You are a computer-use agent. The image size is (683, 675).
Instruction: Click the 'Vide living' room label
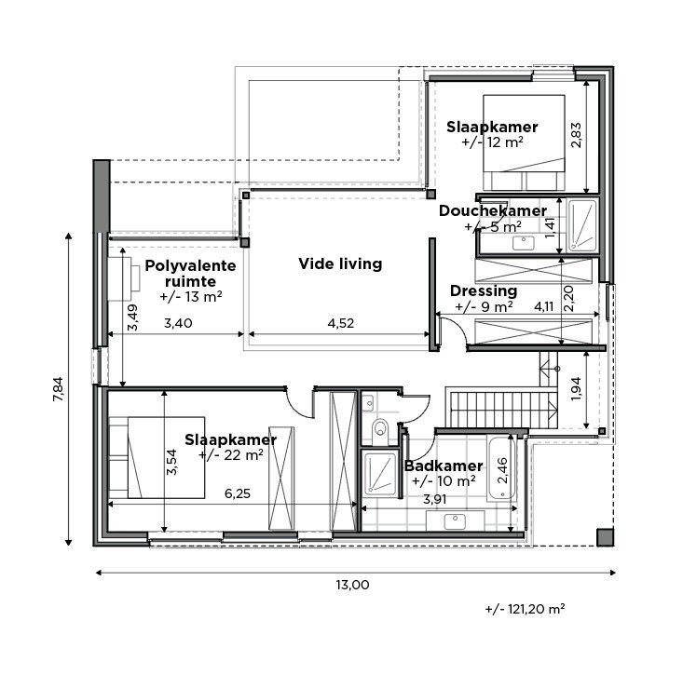point(340,263)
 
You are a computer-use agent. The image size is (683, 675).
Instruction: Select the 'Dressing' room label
point(483,290)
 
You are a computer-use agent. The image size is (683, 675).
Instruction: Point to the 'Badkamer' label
point(443,466)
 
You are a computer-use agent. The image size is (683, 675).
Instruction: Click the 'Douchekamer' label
point(492,211)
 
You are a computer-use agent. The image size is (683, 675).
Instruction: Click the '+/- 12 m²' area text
point(492,143)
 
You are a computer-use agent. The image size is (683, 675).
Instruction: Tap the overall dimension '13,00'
point(352,585)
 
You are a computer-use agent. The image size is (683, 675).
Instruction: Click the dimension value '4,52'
point(342,324)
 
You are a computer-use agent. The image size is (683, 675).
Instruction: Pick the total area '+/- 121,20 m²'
point(526,610)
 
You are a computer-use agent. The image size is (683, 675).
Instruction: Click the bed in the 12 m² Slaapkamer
point(524,140)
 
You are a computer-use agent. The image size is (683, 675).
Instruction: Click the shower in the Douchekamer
point(582,225)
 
